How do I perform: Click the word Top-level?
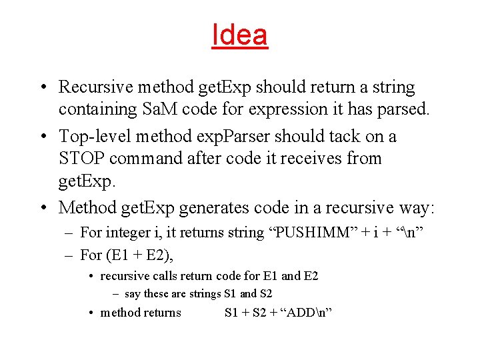pos(94,137)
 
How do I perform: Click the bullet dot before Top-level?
pos(42,137)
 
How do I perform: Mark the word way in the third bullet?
pos(417,207)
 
